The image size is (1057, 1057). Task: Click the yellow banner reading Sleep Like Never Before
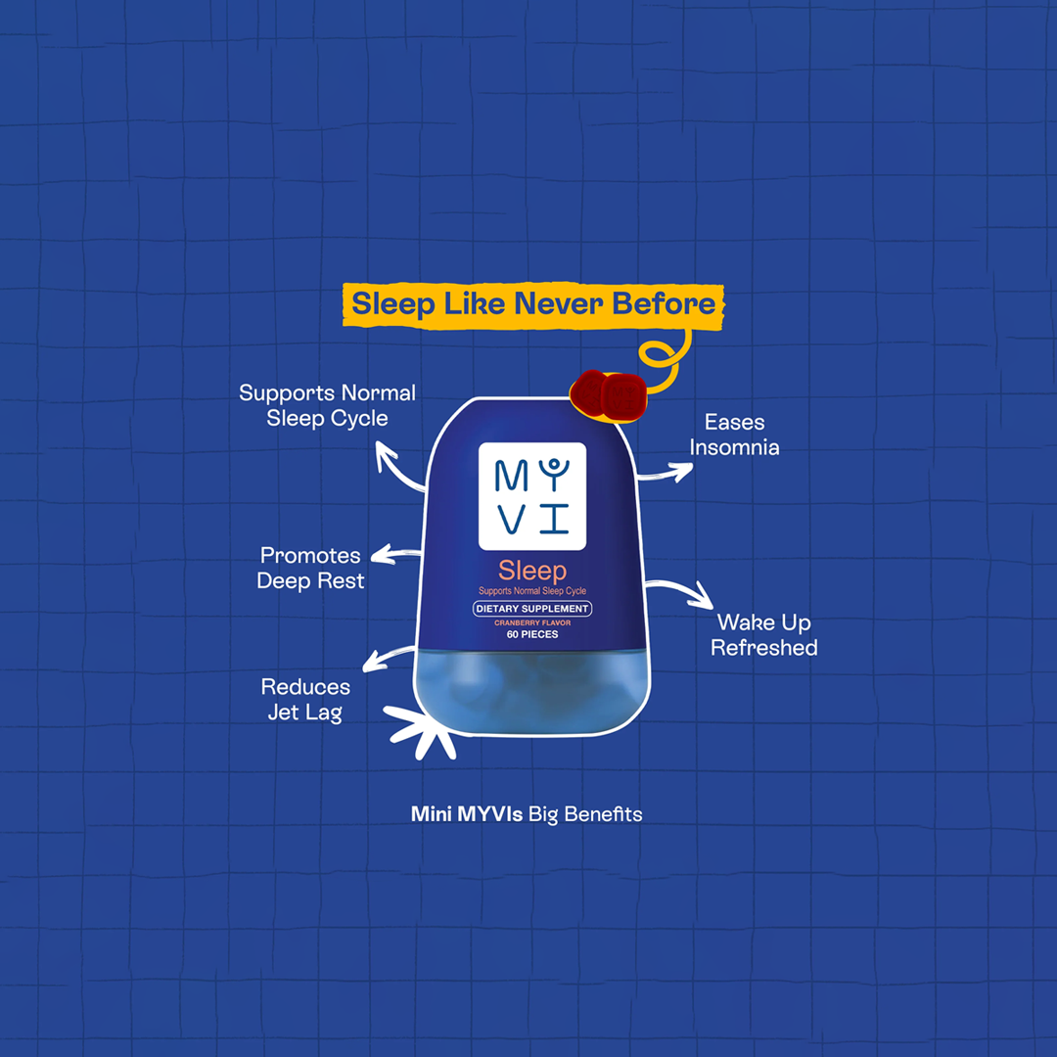[x=533, y=303]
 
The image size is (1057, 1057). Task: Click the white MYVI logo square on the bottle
[x=532, y=495]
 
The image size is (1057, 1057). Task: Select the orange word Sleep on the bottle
[x=532, y=570]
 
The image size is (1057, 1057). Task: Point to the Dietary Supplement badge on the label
[x=532, y=609]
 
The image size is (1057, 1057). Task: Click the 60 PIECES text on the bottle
[x=532, y=634]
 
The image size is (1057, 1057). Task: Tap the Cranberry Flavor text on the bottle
[x=532, y=622]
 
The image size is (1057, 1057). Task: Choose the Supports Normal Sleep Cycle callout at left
[x=327, y=405]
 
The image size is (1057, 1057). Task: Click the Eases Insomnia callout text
[x=734, y=435]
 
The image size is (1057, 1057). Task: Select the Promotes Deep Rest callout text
[x=310, y=568]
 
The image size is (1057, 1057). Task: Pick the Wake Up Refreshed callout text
[x=763, y=634]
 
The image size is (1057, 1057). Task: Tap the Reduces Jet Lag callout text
[x=305, y=699]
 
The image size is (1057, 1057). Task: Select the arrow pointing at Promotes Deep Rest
[x=395, y=555]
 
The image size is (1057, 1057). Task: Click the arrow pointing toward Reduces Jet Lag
[x=388, y=656]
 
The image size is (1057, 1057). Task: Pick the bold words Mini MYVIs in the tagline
[x=467, y=813]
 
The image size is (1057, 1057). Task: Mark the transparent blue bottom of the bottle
[x=532, y=690]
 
